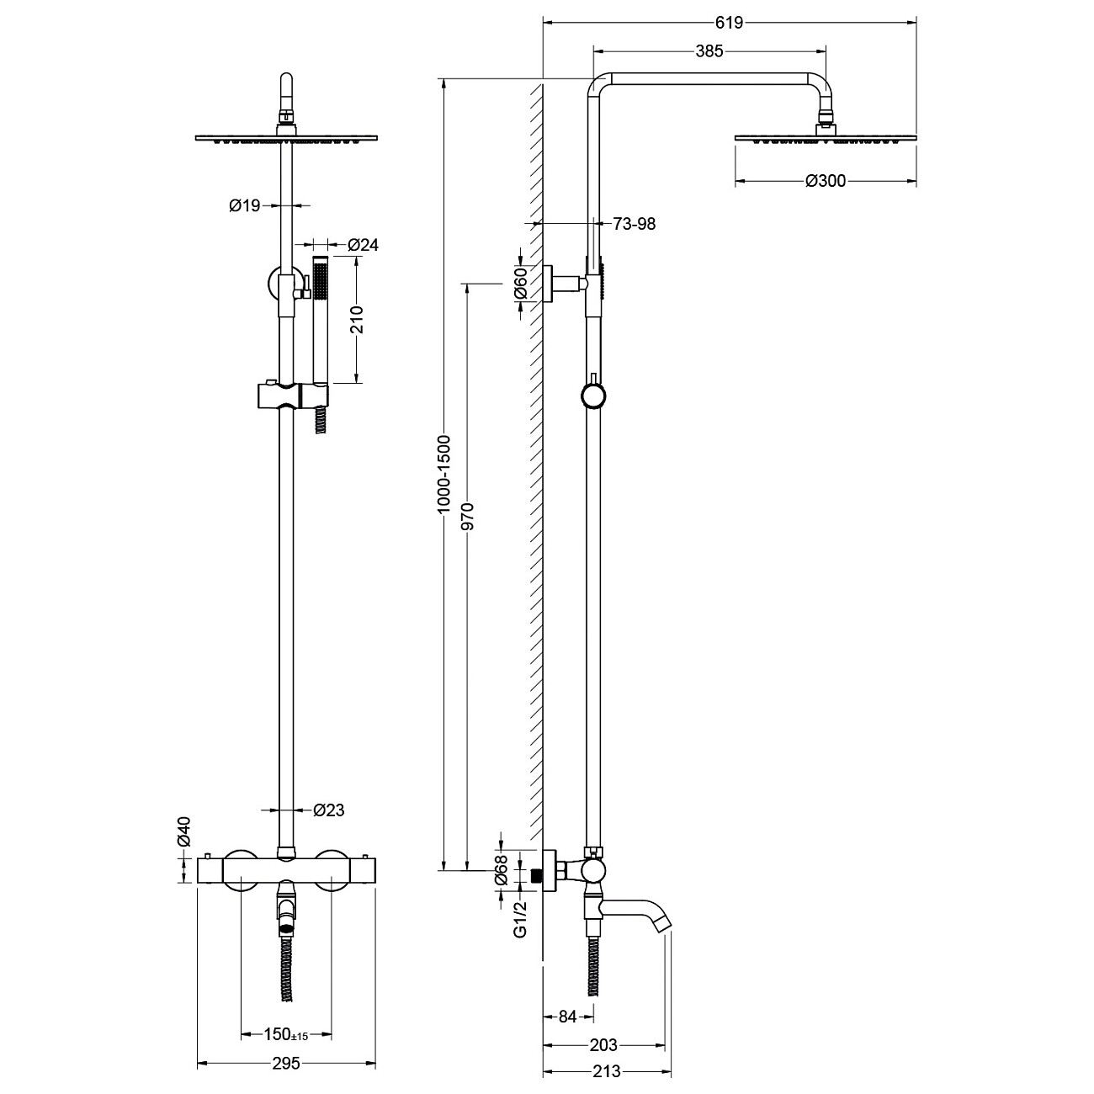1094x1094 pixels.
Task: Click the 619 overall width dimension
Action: pyautogui.click(x=729, y=23)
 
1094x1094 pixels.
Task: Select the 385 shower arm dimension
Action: pyautogui.click(x=709, y=51)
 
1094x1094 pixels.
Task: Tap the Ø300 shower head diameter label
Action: pyautogui.click(x=825, y=181)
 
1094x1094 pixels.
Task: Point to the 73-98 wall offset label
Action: pyautogui.click(x=635, y=224)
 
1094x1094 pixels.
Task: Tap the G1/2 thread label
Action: pyautogui.click(x=521, y=921)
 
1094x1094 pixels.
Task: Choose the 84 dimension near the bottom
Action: pyautogui.click(x=568, y=1017)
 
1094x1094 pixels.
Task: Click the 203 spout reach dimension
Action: pyautogui.click(x=604, y=1045)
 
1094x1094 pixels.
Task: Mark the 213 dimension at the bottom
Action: pyautogui.click(x=607, y=1072)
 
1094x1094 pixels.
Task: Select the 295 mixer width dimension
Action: pyautogui.click(x=286, y=1064)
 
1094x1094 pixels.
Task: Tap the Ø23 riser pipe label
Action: pyautogui.click(x=328, y=810)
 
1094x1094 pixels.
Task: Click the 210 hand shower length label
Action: pyautogui.click(x=356, y=321)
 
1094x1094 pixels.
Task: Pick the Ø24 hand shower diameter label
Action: pyautogui.click(x=363, y=246)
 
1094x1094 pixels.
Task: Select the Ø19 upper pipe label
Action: pyautogui.click(x=245, y=204)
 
